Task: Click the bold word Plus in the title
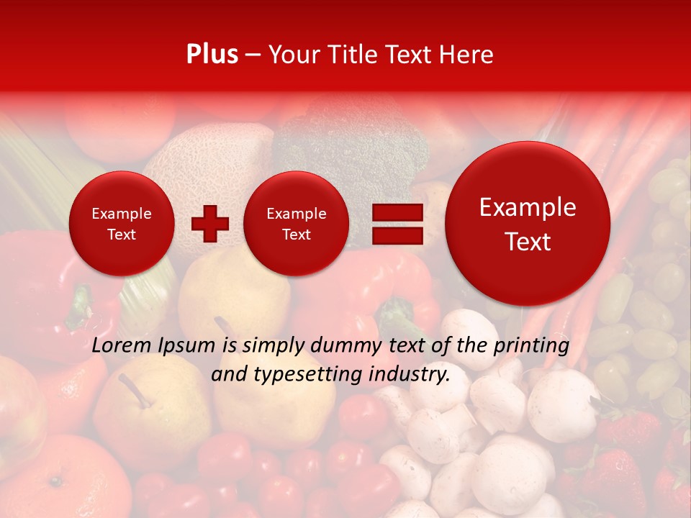[x=212, y=55]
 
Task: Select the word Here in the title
[x=468, y=55]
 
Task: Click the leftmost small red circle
[x=122, y=224]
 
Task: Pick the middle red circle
[x=297, y=224]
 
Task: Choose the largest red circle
[x=528, y=224]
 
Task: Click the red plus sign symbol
[x=210, y=224]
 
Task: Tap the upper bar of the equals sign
[x=397, y=212]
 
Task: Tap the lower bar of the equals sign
[x=397, y=236]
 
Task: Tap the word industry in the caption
[x=412, y=375]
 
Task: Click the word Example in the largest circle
[x=528, y=208]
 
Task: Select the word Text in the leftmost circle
[x=122, y=235]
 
